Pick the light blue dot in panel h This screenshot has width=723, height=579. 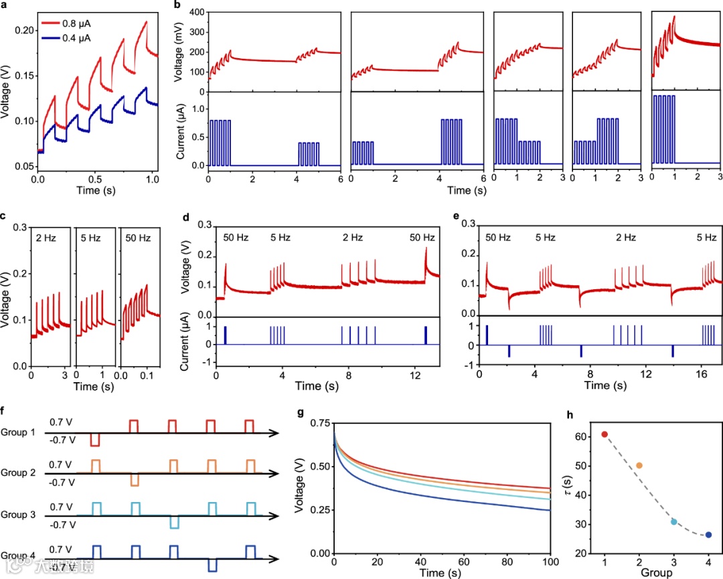coord(674,521)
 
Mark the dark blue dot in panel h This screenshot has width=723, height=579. coord(709,535)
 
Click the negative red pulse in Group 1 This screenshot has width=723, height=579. coord(95,440)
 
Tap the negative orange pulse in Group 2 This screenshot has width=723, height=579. coord(134,480)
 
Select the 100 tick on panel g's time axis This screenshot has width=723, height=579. coord(550,561)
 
